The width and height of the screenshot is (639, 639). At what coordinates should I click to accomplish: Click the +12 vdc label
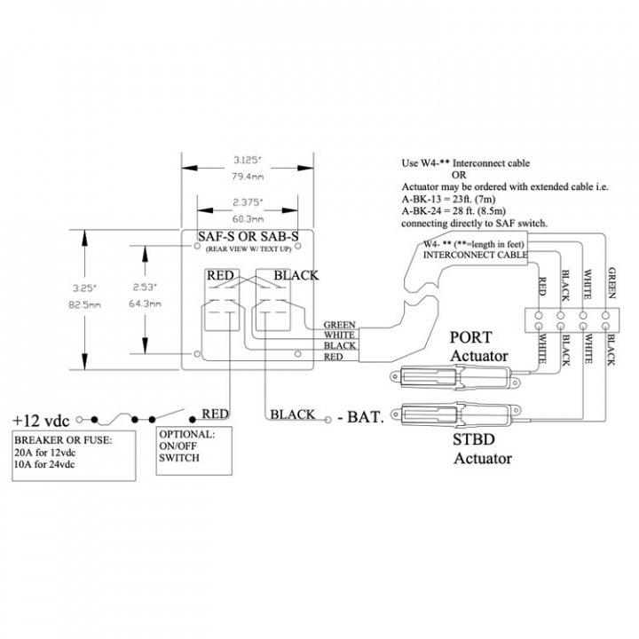(41, 420)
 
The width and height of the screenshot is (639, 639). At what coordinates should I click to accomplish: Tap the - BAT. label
(361, 417)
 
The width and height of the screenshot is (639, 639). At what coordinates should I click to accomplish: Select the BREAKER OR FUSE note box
(74, 455)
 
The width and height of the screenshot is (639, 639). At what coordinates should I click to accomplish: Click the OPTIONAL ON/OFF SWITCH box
(194, 451)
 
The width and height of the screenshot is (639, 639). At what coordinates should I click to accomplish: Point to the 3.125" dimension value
(247, 160)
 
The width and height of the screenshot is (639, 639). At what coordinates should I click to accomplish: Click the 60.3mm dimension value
(248, 219)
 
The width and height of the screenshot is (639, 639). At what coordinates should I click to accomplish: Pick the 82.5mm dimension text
(85, 304)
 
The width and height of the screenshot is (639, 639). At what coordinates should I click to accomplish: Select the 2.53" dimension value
(145, 288)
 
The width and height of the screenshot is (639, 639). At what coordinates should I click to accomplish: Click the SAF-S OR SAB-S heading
(248, 236)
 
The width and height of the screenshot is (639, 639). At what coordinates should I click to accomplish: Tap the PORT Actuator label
(479, 347)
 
